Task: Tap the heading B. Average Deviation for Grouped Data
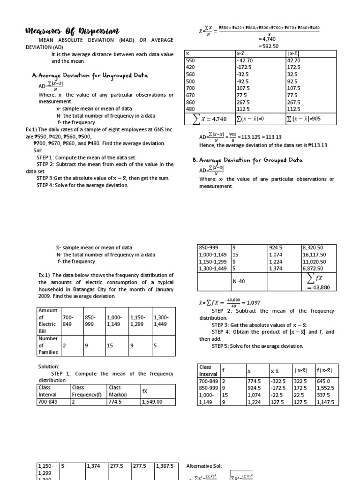point(247,160)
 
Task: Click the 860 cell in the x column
point(191,102)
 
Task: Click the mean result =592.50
point(269,46)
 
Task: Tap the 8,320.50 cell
point(313,247)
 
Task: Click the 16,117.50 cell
point(315,255)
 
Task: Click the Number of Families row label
point(48,345)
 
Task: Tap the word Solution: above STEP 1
point(49,366)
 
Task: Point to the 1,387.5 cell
point(165,466)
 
